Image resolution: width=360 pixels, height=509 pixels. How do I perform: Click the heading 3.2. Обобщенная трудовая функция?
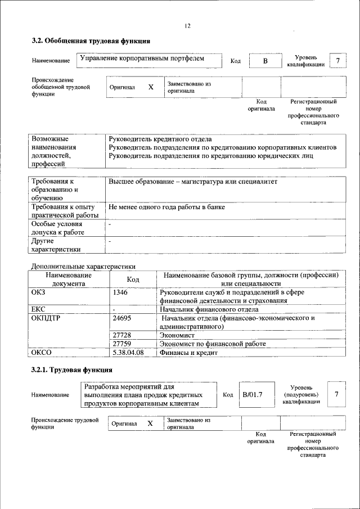(x=91, y=41)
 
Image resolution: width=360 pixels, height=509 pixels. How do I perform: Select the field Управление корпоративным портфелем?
(x=141, y=58)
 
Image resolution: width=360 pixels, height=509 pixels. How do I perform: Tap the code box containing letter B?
(x=265, y=61)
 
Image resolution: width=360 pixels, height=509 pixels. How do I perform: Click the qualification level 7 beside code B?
(x=337, y=60)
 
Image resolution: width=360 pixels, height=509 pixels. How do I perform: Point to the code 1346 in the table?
(x=120, y=292)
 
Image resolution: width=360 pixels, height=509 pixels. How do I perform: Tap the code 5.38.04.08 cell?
(x=128, y=353)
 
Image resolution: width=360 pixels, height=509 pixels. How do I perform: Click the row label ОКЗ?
(x=39, y=292)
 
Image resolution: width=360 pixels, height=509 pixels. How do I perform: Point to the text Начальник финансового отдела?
(x=209, y=309)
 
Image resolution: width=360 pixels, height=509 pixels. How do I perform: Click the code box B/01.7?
(x=253, y=395)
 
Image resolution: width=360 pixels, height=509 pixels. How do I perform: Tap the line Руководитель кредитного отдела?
(x=160, y=139)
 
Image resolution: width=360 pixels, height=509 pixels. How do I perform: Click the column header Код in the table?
(x=133, y=280)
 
